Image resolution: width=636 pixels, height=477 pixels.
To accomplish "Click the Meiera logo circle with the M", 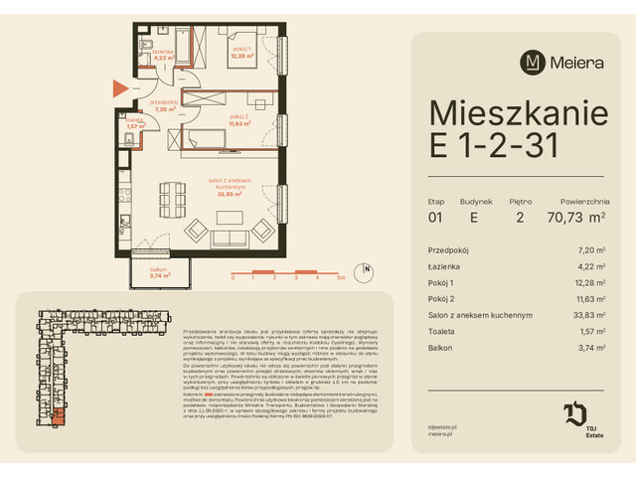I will (x=534, y=62).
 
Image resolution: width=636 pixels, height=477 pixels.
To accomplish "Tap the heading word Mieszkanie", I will (x=517, y=112).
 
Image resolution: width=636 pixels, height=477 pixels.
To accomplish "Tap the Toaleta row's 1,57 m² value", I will (x=593, y=331).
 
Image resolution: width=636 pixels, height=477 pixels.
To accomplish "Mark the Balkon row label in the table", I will (x=440, y=347).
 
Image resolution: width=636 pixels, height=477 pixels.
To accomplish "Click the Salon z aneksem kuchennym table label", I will (x=480, y=315).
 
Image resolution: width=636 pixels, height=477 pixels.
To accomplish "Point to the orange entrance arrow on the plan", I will (x=119, y=87).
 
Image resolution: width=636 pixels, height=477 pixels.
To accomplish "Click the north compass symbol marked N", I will (x=366, y=268).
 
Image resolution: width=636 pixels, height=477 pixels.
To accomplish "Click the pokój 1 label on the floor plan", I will (x=241, y=51).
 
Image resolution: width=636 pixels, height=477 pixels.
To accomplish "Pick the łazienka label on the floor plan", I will (x=162, y=52).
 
